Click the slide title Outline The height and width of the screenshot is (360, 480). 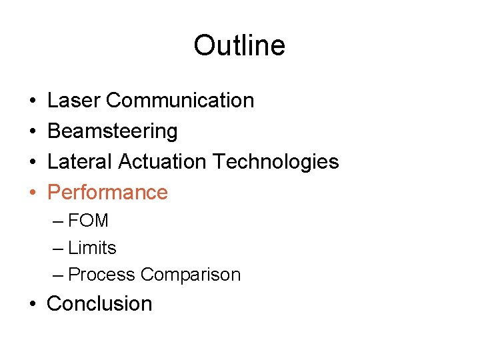click(x=239, y=46)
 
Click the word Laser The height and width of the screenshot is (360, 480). click(x=74, y=101)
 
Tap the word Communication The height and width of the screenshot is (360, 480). click(x=179, y=101)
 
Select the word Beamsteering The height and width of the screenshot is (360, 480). click(x=113, y=132)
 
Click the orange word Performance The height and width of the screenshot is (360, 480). click(x=108, y=193)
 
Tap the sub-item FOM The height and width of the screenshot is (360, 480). click(x=88, y=221)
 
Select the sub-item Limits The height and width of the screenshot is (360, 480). click(x=92, y=248)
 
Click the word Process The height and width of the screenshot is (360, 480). click(x=102, y=275)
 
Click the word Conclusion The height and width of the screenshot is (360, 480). click(x=99, y=304)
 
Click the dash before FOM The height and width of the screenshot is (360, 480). click(x=57, y=221)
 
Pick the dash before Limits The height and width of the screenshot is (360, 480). click(x=57, y=249)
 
